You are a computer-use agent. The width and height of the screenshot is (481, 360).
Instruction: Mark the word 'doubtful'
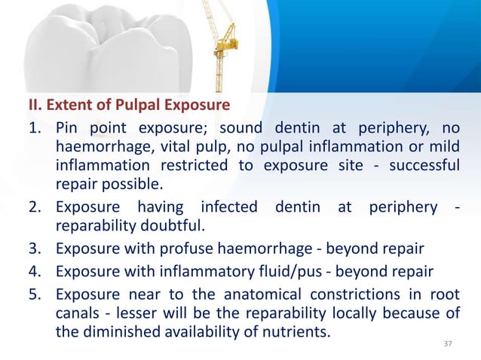pos(173,226)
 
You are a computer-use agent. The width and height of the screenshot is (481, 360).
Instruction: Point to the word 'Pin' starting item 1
pos(69,126)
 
